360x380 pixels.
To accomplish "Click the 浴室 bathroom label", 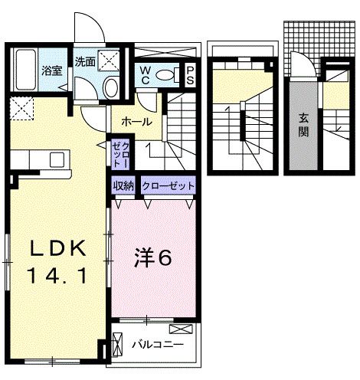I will coord(51,68).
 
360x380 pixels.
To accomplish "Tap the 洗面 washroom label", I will coord(83,61).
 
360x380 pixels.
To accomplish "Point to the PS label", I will coord(191,74).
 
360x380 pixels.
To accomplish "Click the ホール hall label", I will coord(136,122).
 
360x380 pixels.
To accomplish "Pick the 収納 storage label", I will coord(124,186).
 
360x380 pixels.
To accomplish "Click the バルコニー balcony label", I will coord(156,345).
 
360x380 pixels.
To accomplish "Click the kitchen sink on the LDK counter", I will coord(57,159).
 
